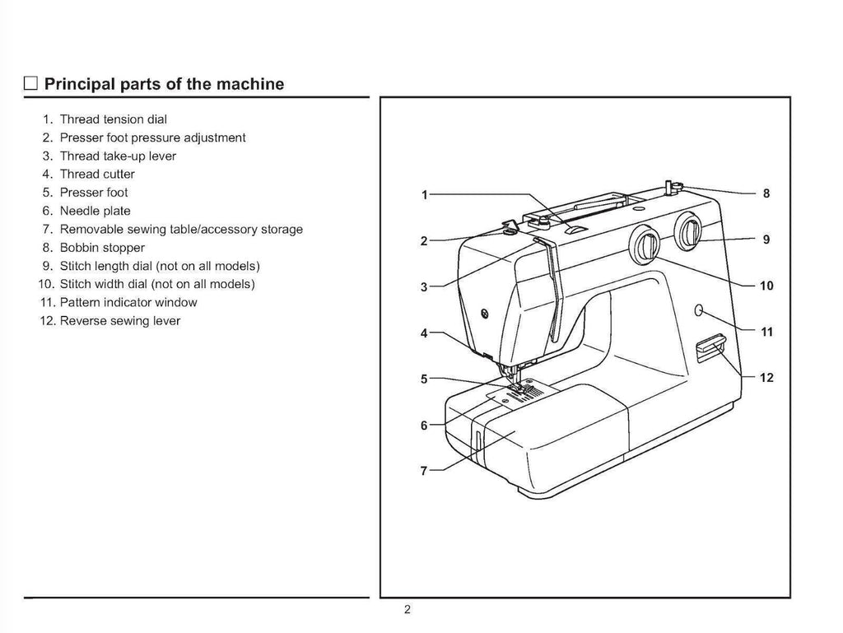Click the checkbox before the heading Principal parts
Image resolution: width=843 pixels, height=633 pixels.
coord(30,84)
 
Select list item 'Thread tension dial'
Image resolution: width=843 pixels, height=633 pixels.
coord(113,119)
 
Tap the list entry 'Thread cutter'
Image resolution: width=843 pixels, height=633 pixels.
coord(97,174)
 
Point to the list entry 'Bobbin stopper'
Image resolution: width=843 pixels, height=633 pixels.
coord(102,247)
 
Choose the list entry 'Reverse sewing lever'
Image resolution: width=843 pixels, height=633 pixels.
coord(119,320)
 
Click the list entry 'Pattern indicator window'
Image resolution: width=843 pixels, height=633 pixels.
coord(128,302)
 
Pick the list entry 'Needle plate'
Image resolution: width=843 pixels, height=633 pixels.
coord(95,211)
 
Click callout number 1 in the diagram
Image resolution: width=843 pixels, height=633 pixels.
coord(424,195)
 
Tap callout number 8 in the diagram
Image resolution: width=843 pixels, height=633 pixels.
coord(766,194)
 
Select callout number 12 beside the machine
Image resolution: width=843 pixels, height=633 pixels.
coord(766,378)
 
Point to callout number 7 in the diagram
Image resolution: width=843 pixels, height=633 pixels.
coord(424,472)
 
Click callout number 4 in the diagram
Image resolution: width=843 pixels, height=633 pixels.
coord(424,333)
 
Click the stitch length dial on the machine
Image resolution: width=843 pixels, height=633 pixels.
coord(688,231)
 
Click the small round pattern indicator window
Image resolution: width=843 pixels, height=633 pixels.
coord(698,310)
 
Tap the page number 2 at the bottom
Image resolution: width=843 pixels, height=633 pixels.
coord(407,610)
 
